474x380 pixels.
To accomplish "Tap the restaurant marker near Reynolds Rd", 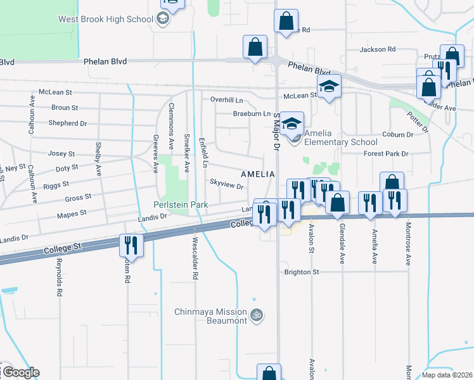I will pyautogui.click(x=132, y=245).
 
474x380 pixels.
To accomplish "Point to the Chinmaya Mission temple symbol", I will pyautogui.click(x=257, y=314).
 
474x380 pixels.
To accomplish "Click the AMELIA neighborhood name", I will pyautogui.click(x=257, y=174).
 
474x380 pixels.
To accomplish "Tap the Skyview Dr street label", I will pyautogui.click(x=227, y=186).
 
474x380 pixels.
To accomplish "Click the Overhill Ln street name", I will pyautogui.click(x=227, y=100).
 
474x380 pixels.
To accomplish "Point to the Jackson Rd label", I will pyautogui.click(x=377, y=49).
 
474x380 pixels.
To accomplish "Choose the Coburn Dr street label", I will pyautogui.click(x=398, y=134).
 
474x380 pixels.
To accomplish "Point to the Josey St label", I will pyautogui.click(x=62, y=153).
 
